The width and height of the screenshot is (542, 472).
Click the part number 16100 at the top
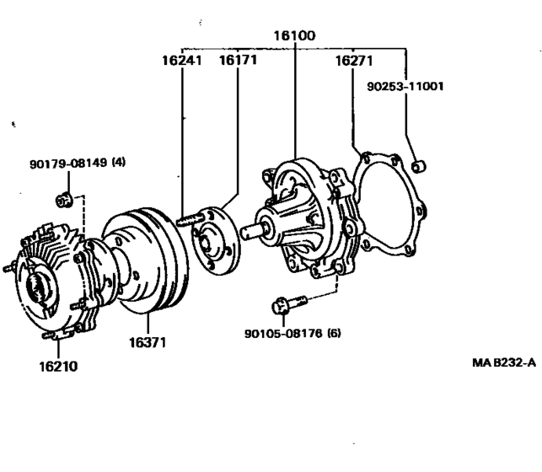[x=293, y=37]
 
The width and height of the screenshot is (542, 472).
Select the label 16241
[x=182, y=61]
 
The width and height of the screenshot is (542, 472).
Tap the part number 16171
[x=238, y=61]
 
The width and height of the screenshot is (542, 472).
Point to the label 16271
[x=354, y=61]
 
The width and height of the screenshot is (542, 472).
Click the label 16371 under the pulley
[x=148, y=343]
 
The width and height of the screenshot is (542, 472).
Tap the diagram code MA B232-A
[x=504, y=362]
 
